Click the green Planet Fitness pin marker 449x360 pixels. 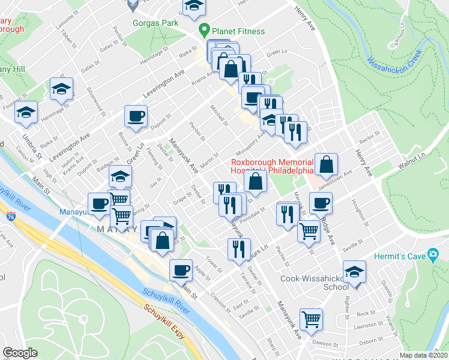(204, 29)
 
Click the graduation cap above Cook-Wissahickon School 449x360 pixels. (355, 271)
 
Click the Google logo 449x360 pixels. (20, 353)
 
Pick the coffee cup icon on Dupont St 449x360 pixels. (136, 115)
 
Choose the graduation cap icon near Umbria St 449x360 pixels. (26, 112)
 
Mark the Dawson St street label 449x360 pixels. (326, 343)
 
